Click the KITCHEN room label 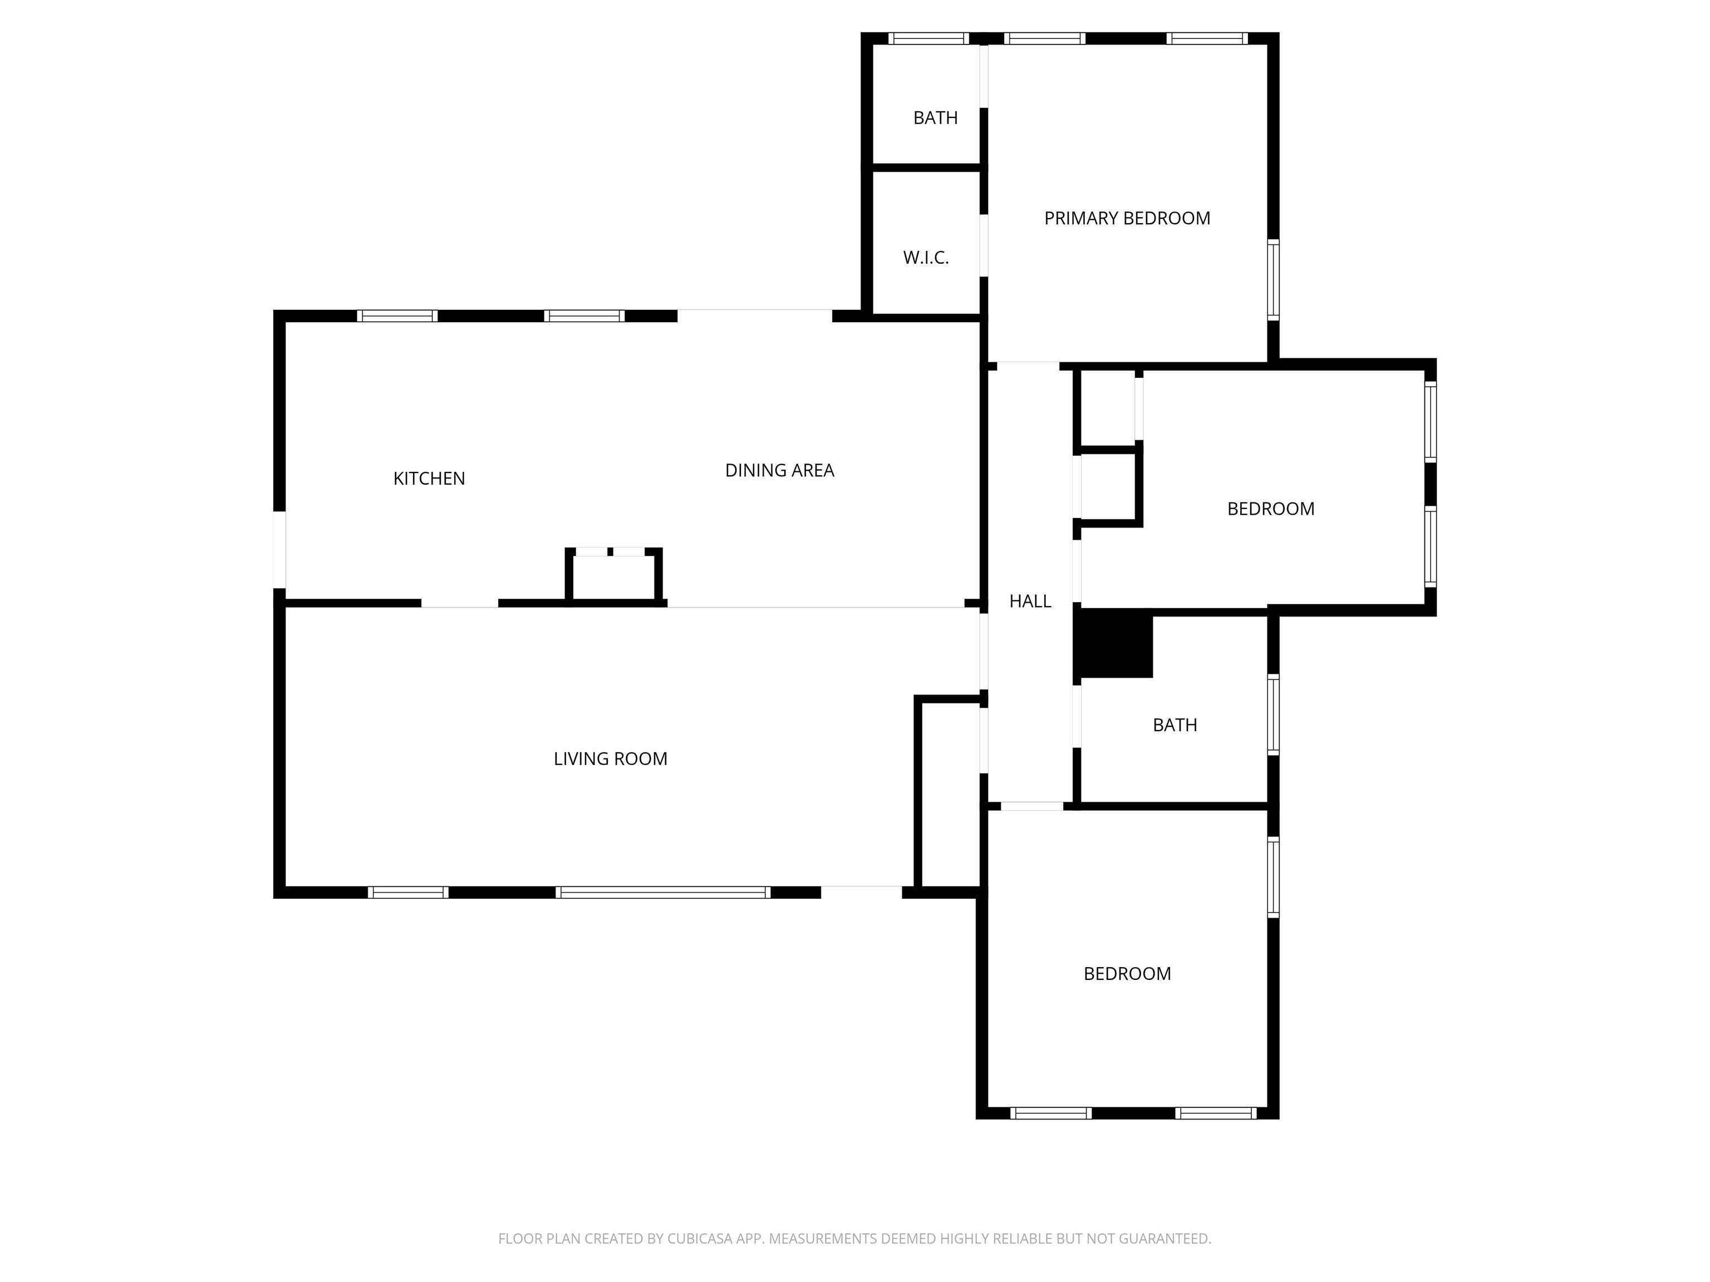[x=429, y=479]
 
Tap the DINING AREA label [x=779, y=470]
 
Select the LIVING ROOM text [x=611, y=759]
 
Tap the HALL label [x=1030, y=601]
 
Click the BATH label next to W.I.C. [x=935, y=118]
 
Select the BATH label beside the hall [x=1175, y=725]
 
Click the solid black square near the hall [x=1113, y=644]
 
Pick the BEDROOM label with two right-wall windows [x=1271, y=509]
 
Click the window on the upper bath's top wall [x=928, y=38]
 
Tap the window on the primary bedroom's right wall [x=1273, y=280]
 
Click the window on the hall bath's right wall [x=1273, y=715]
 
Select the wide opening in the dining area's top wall [x=754, y=315]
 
